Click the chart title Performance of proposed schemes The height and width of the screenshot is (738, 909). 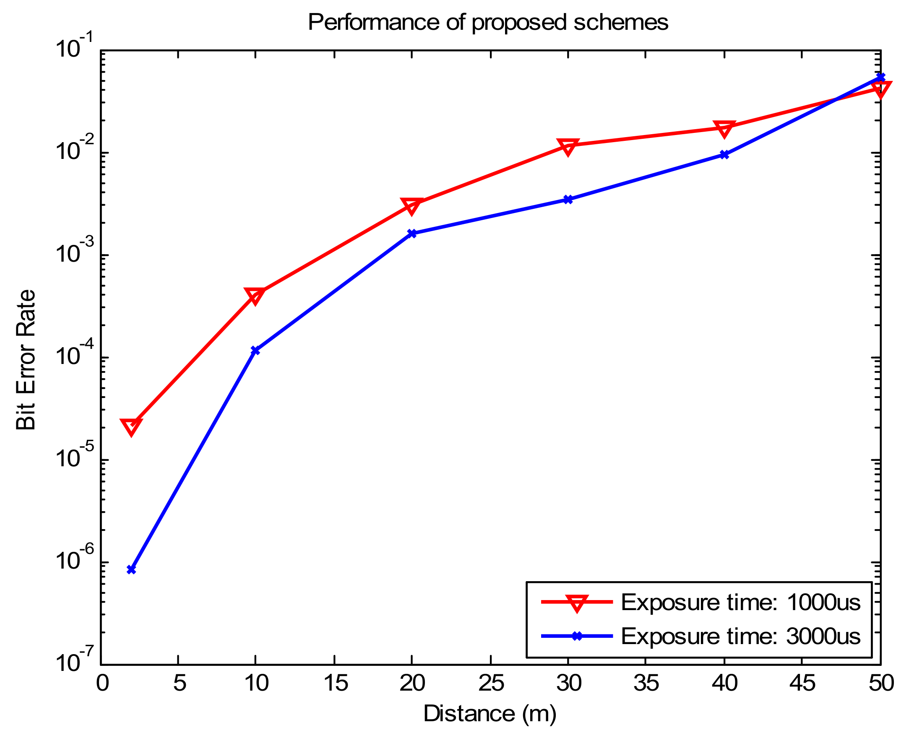click(488, 22)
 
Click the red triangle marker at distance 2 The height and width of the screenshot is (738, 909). click(131, 426)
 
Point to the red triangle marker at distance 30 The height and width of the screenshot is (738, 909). click(568, 147)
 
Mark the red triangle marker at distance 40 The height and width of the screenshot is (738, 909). click(724, 128)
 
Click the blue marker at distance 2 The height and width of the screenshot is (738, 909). click(131, 570)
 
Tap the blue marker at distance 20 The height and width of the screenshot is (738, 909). click(412, 234)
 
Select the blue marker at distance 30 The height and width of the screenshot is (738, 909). click(568, 199)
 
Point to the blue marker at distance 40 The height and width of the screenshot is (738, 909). click(724, 155)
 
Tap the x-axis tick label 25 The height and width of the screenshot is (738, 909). click(491, 683)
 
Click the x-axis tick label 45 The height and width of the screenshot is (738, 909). click(802, 683)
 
